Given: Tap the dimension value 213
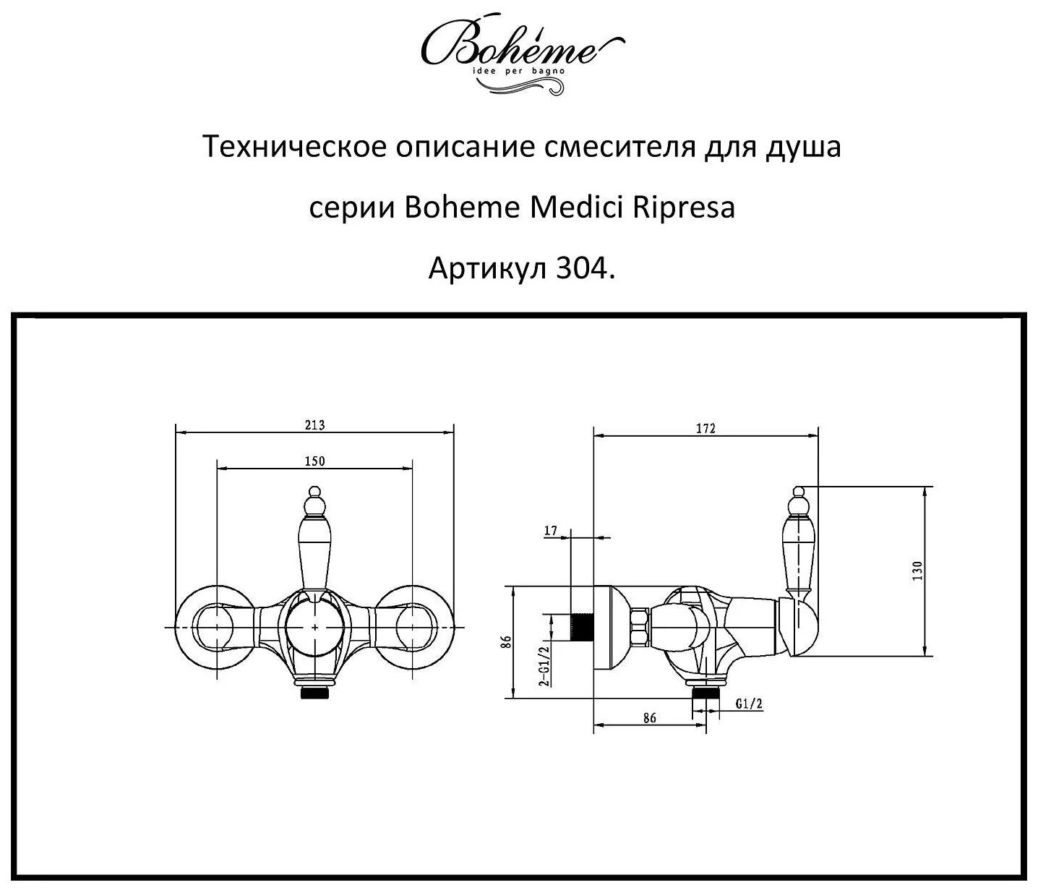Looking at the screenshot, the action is point(314,425).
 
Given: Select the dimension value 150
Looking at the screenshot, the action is point(314,461).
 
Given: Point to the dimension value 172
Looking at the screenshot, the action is point(705,428).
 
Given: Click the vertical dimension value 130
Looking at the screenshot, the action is point(917,571).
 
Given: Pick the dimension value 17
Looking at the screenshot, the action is point(551,531).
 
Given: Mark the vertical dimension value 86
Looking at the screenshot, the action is point(507,642).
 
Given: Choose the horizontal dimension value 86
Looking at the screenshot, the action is point(649,718).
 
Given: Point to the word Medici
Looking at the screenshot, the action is point(578,208).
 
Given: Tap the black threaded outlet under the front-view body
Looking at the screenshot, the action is point(315,692).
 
